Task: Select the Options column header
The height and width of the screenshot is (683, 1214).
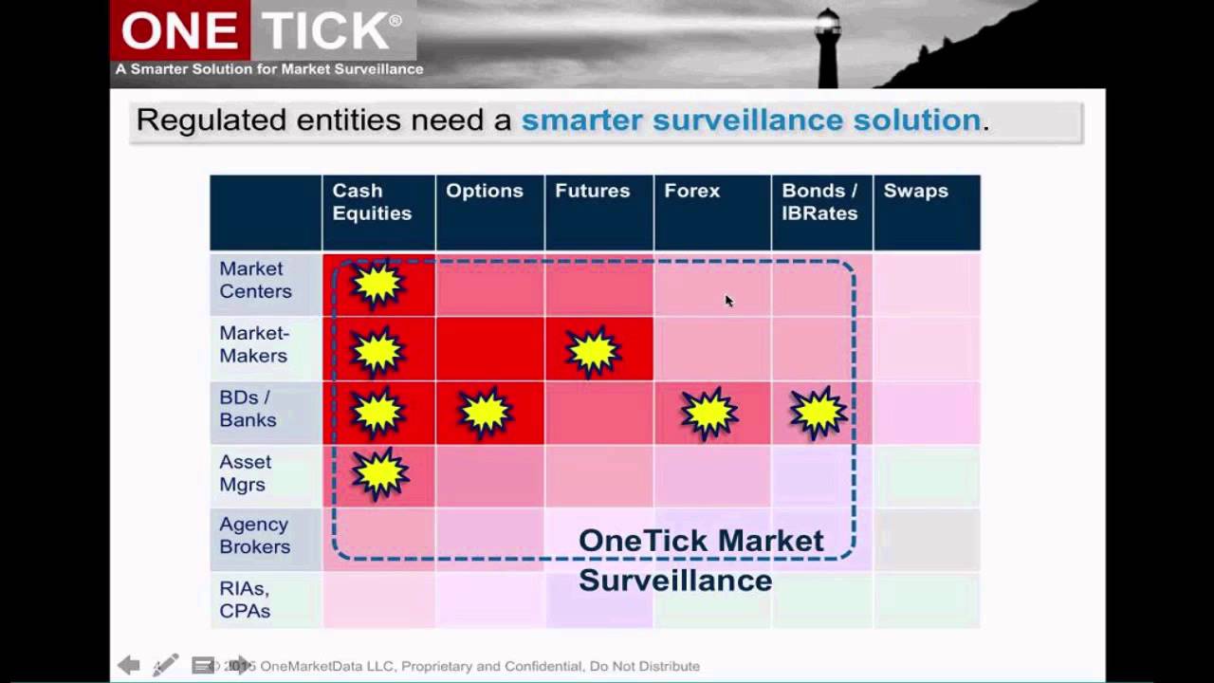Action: (x=485, y=192)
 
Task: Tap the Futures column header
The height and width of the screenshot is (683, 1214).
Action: (x=593, y=192)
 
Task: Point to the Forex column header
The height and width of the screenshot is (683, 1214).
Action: (x=692, y=192)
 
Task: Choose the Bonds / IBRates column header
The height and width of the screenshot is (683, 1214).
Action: (x=819, y=203)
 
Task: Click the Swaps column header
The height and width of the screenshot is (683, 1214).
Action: (x=915, y=192)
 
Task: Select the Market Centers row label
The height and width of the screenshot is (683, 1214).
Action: (x=255, y=281)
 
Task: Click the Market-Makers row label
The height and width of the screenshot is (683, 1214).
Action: (x=254, y=345)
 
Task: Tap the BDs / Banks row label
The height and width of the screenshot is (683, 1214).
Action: (x=248, y=410)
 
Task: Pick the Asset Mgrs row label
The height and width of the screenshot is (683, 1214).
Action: (x=245, y=473)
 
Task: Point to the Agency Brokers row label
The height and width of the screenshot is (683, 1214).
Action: (x=254, y=536)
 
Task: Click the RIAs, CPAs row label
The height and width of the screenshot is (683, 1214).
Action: (x=245, y=600)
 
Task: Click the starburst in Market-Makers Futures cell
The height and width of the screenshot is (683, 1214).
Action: (x=594, y=351)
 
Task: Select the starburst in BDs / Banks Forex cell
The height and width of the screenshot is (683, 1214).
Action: (x=709, y=414)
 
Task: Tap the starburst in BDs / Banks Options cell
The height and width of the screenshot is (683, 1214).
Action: (x=486, y=414)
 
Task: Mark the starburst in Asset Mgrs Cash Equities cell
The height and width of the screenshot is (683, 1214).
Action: (x=379, y=473)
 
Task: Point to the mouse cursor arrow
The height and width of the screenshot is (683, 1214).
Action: (x=728, y=301)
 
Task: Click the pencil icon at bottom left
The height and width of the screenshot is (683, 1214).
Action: (x=165, y=665)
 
